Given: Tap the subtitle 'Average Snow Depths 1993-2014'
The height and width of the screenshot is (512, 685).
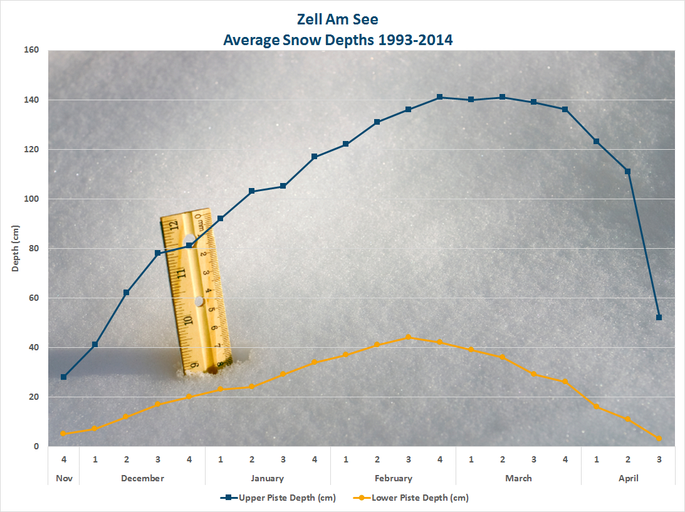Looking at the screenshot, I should (x=338, y=39).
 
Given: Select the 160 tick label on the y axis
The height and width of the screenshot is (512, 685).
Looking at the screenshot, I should (x=31, y=50).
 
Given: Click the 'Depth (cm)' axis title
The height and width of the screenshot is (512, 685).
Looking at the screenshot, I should (x=16, y=248).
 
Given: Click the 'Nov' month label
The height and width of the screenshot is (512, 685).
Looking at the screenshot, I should (x=64, y=478).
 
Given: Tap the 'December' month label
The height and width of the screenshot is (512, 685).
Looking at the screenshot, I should (x=142, y=478).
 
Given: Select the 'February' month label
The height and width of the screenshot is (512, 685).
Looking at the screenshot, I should (x=393, y=478).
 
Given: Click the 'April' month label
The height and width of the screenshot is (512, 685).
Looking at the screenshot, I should (x=628, y=478).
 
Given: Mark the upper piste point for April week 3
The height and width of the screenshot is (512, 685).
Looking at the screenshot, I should (x=659, y=317).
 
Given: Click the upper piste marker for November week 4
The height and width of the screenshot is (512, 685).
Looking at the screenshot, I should (x=64, y=377).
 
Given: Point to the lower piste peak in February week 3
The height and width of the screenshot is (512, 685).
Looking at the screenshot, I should (x=408, y=337).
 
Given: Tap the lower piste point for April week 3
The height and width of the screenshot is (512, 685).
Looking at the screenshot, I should (x=659, y=439).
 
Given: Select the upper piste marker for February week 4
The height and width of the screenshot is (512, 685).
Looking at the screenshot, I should (x=439, y=97).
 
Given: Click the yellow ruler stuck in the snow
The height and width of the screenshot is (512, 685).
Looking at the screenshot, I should (x=196, y=291).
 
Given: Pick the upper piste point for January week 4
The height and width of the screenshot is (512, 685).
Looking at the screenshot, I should (x=314, y=157).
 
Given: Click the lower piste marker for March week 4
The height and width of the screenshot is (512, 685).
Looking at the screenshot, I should (x=565, y=382).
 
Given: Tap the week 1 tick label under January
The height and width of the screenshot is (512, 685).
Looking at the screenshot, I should (x=221, y=459).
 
